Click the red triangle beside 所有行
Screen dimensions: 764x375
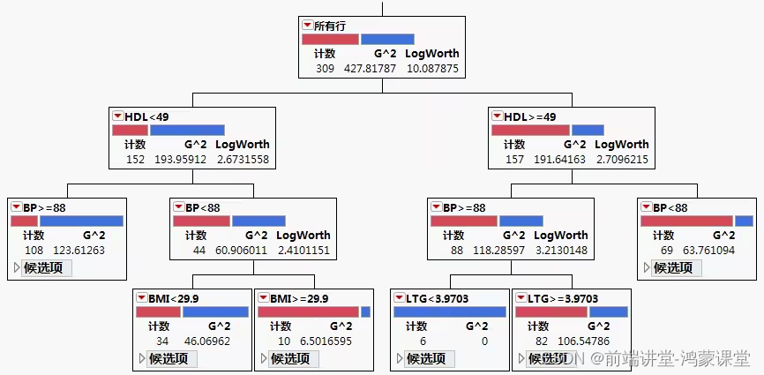point(307,26)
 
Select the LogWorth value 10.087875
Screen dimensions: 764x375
point(431,68)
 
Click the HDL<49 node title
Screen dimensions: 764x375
point(146,116)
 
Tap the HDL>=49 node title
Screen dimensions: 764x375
point(530,116)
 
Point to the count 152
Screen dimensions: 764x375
point(135,159)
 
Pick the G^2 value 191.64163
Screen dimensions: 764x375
point(560,159)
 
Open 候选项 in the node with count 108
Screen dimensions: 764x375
point(42,267)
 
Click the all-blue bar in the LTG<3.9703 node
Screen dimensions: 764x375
point(449,311)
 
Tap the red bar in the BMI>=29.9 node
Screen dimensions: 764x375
point(308,311)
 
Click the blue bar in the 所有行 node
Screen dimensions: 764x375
point(387,39)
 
